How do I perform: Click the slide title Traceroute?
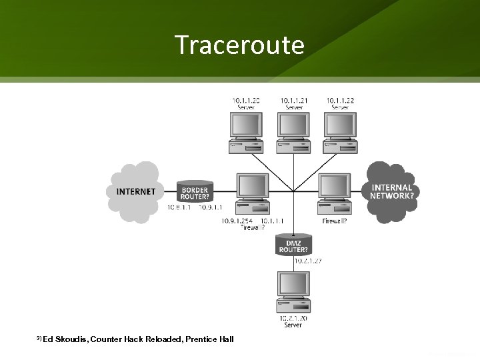tap(239, 45)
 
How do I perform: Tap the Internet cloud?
tap(136, 191)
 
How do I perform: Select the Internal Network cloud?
tap(391, 192)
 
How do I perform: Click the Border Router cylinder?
tap(195, 192)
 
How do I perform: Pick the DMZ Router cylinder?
tap(294, 246)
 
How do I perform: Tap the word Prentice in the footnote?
tap(201, 340)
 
